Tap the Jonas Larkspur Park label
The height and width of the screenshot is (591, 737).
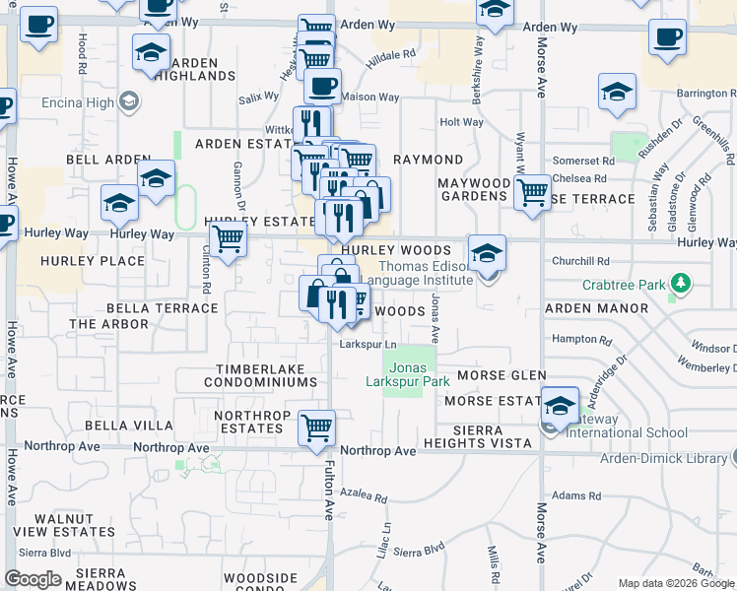pyautogui.click(x=408, y=374)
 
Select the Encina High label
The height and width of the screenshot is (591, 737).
pyautogui.click(x=78, y=100)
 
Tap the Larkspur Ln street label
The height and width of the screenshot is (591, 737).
pyautogui.click(x=368, y=345)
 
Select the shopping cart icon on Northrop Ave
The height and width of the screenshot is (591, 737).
pyautogui.click(x=317, y=427)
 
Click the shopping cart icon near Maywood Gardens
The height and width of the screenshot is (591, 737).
pyautogui.click(x=532, y=191)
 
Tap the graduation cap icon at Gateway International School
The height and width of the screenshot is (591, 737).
pyautogui.click(x=560, y=405)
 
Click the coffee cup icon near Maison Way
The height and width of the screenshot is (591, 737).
pyautogui.click(x=322, y=86)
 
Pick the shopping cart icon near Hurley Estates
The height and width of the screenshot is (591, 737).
pyautogui.click(x=228, y=237)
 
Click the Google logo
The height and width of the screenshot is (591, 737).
pyautogui.click(x=33, y=579)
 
